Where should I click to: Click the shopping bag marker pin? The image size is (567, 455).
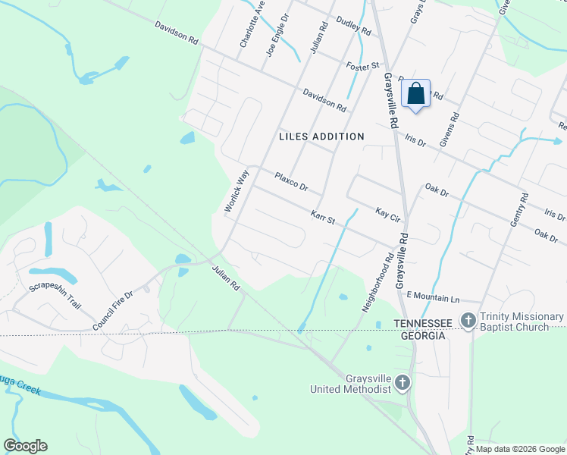(415, 95)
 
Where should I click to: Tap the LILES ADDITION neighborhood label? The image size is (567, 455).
(321, 136)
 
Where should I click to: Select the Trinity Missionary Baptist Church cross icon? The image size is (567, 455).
(468, 321)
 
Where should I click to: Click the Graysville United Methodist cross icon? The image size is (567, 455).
(403, 383)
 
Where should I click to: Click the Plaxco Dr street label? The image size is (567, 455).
(291, 181)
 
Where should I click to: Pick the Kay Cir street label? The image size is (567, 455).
(387, 212)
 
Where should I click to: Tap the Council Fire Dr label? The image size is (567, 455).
(113, 309)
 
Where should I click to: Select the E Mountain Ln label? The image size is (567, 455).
(434, 294)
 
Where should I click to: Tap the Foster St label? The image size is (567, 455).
(362, 67)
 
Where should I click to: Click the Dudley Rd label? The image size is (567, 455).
(353, 27)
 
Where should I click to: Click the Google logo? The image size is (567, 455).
(25, 445)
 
